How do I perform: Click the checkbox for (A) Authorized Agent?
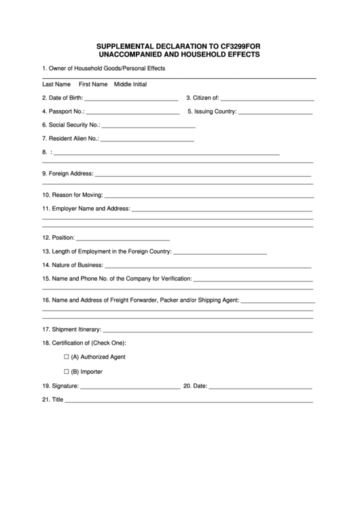(67, 357)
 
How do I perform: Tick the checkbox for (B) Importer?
(67, 372)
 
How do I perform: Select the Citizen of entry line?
(268, 100)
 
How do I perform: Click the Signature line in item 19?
(130, 387)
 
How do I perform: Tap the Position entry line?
(122, 240)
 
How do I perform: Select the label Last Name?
(56, 84)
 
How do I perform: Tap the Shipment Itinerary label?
(71, 329)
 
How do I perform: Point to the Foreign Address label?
(68, 173)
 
